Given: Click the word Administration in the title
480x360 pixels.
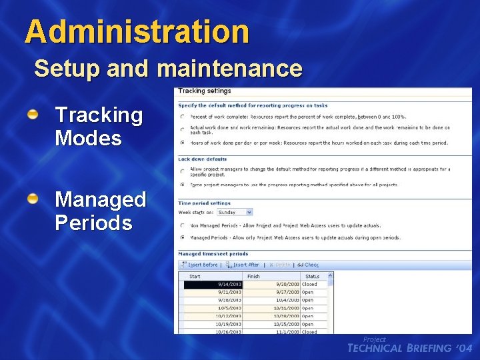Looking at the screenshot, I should pyautogui.click(x=137, y=31).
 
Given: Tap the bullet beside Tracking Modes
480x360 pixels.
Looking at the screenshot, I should pyautogui.click(x=33, y=115).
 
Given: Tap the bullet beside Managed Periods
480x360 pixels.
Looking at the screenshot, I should pyautogui.click(x=33, y=199).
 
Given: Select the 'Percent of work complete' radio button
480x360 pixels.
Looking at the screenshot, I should pyautogui.click(x=183, y=117).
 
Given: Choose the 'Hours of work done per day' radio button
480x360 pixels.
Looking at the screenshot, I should pyautogui.click(x=183, y=143).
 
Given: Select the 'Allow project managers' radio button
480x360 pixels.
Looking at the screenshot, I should pyautogui.click(x=183, y=171).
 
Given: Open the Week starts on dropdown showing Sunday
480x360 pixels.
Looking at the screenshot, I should pyautogui.click(x=249, y=212).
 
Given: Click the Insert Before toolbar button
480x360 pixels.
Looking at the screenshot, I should pyautogui.click(x=200, y=265).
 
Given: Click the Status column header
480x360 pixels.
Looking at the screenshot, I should pyautogui.click(x=312, y=276).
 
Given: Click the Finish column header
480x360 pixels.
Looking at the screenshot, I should pyautogui.click(x=254, y=276).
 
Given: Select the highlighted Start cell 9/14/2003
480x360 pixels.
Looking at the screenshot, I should pyautogui.click(x=213, y=284).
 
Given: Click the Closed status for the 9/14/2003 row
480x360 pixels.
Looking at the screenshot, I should pyautogui.click(x=309, y=284).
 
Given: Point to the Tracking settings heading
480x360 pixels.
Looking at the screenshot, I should pyautogui.click(x=204, y=91).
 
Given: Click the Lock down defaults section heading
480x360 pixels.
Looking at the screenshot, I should pyautogui.click(x=203, y=159).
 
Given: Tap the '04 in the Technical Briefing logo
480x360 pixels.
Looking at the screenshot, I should pyautogui.click(x=464, y=348).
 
